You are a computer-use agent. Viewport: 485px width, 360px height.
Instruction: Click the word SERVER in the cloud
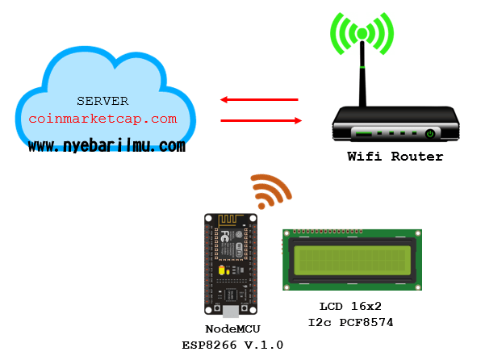coord(102,101)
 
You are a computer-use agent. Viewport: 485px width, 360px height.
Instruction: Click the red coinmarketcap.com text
coord(102,119)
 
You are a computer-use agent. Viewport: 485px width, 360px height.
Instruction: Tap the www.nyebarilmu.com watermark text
coord(107,146)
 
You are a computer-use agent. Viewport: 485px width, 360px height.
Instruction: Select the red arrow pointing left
coord(259,100)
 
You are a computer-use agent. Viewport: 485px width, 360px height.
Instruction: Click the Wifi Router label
coord(395,157)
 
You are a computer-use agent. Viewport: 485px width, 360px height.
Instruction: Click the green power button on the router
coord(430,133)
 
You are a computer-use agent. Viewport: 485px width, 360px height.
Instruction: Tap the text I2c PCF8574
coord(349,323)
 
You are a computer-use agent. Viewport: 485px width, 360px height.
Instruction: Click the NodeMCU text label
coord(232,329)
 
